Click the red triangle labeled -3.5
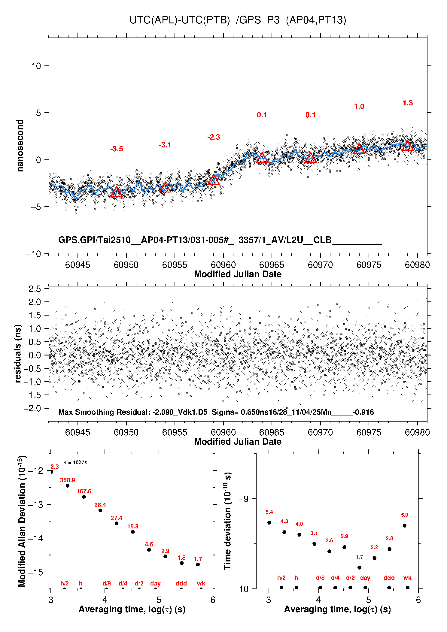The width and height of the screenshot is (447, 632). [x=117, y=192]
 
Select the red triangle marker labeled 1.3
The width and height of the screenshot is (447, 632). [x=408, y=146]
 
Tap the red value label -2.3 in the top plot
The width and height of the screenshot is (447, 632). [x=214, y=137]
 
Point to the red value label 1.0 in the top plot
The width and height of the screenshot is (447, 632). [x=359, y=107]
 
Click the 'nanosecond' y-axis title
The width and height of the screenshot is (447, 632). [x=20, y=146]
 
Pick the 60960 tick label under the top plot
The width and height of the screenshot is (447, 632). [x=223, y=265]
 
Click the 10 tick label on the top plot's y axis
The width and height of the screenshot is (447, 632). [x=36, y=66]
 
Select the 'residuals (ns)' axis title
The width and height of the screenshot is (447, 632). [x=18, y=353]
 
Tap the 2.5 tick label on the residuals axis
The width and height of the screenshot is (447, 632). [x=35, y=289]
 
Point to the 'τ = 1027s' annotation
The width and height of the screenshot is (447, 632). [x=76, y=462]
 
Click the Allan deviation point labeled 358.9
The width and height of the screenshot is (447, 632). [x=68, y=485]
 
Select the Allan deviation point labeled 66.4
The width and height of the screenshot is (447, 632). [x=100, y=510]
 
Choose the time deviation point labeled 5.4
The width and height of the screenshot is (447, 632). [x=269, y=523]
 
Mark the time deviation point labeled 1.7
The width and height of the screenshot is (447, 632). [x=359, y=568]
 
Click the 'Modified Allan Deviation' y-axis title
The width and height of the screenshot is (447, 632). [x=22, y=521]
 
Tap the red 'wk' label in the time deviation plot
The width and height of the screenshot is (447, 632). [x=407, y=578]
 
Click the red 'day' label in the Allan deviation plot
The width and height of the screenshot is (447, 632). [x=155, y=583]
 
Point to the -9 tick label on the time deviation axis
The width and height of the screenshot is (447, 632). [x=243, y=499]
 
